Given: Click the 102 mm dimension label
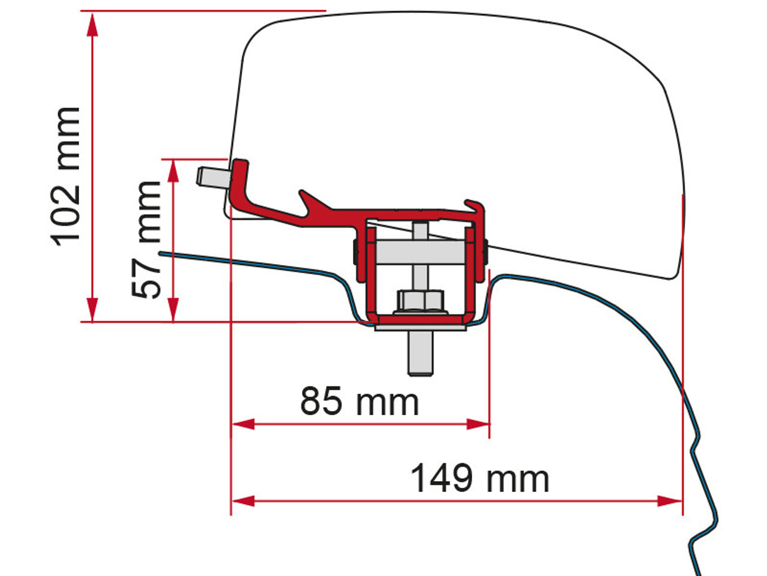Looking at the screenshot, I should click(x=66, y=175).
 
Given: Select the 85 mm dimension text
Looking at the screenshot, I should click(x=360, y=401).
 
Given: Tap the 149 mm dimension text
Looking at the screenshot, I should click(x=479, y=479).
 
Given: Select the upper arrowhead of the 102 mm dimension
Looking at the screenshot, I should click(x=92, y=24).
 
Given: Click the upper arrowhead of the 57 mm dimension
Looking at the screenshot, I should click(x=173, y=170).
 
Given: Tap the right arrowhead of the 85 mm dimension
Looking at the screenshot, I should click(x=479, y=424).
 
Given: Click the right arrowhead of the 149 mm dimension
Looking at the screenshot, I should click(x=671, y=500).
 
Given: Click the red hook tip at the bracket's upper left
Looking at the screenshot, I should click(x=240, y=164).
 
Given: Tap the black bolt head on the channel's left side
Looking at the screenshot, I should click(x=355, y=252).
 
